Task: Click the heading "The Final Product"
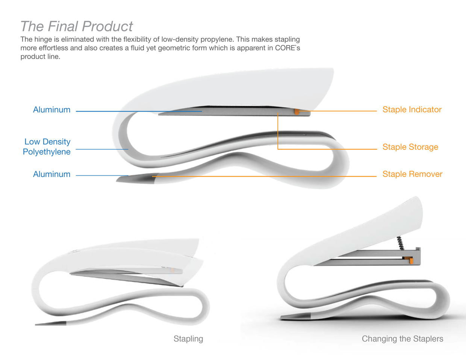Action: (76, 26)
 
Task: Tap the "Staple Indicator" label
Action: (412, 110)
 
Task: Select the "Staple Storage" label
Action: (410, 147)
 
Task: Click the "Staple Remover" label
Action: (412, 174)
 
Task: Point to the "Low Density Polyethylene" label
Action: (47, 147)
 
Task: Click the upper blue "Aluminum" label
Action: (52, 110)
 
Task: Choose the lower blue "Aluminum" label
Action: (52, 174)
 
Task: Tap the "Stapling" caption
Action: (188, 339)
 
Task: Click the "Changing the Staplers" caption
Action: (402, 339)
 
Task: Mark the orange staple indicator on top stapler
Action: (297, 112)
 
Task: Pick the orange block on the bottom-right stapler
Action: (411, 260)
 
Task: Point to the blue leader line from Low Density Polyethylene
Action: (101, 149)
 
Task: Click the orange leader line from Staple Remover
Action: (263, 176)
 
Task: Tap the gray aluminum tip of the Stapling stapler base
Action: (53, 323)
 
